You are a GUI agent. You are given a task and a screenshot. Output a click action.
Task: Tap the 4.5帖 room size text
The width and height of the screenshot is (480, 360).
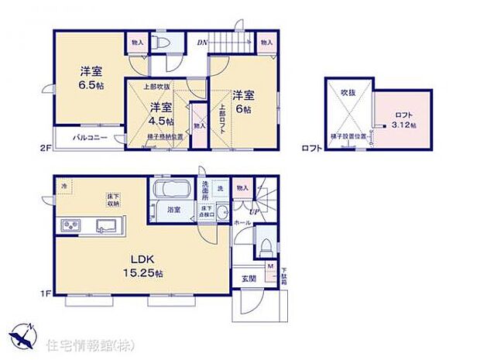click(x=162, y=114)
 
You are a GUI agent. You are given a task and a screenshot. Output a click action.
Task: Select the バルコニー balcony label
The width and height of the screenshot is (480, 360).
click(x=91, y=138)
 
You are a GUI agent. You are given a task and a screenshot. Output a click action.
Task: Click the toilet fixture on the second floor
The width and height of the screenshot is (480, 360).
click(x=159, y=43)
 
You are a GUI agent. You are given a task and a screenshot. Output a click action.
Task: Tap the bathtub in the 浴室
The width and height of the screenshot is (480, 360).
click(x=173, y=191)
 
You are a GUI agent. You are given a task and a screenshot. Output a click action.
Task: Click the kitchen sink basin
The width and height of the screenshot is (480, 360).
click(x=105, y=225)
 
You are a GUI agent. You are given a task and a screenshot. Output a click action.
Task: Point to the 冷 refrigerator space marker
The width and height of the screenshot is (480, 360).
click(x=64, y=187)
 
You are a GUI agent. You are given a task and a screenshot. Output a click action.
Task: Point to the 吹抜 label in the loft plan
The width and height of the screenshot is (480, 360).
click(x=345, y=94)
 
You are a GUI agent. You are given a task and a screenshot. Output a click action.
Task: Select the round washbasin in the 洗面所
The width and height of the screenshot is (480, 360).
click(x=221, y=212)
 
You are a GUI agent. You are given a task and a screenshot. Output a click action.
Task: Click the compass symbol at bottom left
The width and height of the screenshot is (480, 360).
click(x=23, y=335)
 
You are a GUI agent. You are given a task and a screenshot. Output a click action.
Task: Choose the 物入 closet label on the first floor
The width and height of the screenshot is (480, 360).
click(x=242, y=188)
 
